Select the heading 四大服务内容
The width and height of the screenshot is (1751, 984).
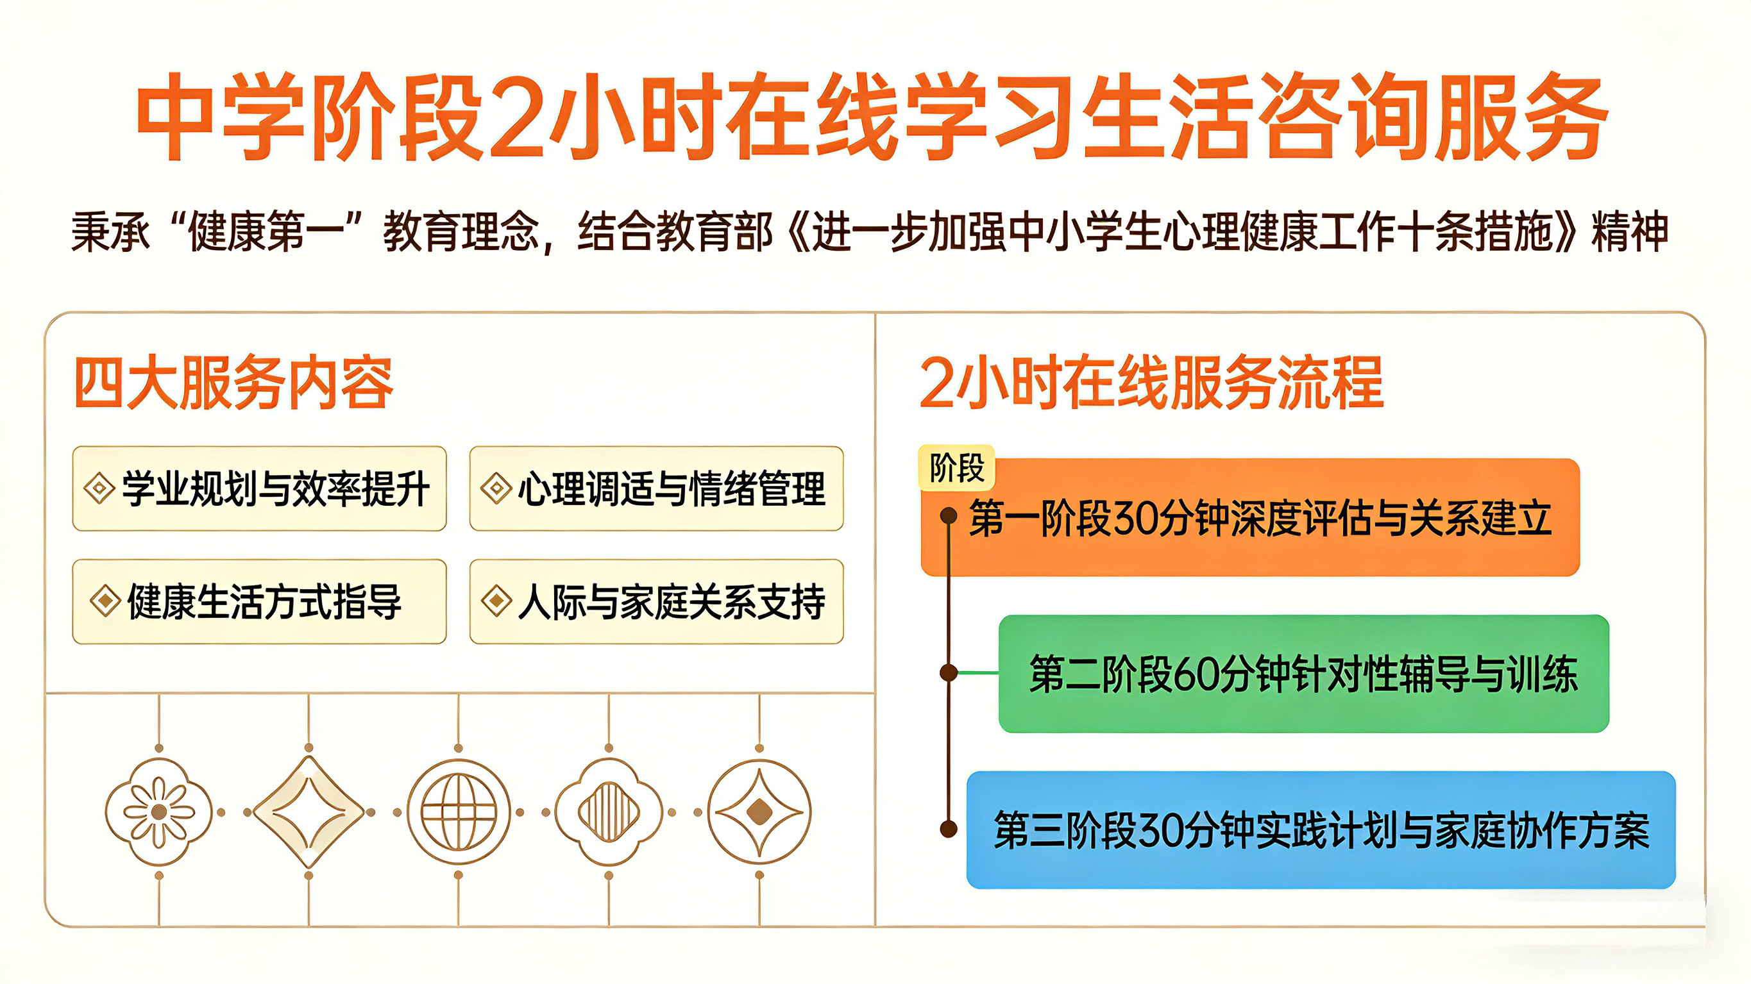[233, 383]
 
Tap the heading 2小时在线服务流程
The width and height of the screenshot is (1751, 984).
[1151, 383]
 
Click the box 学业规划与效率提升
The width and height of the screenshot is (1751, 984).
[259, 488]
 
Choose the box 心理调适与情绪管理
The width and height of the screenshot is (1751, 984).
[656, 488]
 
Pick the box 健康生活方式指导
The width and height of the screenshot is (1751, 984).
[259, 601]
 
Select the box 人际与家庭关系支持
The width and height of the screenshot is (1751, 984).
[656, 601]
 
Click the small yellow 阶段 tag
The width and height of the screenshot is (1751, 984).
[956, 467]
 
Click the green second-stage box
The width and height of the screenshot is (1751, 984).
[1303, 674]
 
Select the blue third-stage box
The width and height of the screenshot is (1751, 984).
[1321, 830]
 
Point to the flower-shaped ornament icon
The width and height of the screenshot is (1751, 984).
[159, 812]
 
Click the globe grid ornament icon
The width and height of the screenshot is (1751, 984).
[459, 812]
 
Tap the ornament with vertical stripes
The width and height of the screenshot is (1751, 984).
[609, 812]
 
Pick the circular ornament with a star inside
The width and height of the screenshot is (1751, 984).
[759, 812]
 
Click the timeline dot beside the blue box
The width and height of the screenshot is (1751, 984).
[948, 829]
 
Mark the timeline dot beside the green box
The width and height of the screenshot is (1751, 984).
[948, 672]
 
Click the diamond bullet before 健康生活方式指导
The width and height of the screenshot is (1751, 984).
[105, 601]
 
